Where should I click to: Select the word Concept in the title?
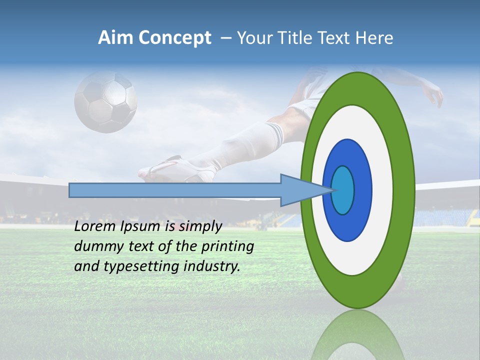point(175,38)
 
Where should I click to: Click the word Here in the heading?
point(374,37)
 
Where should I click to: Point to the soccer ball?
point(105,102)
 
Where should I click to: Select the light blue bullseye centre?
point(343,190)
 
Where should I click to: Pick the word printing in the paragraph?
point(227,247)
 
